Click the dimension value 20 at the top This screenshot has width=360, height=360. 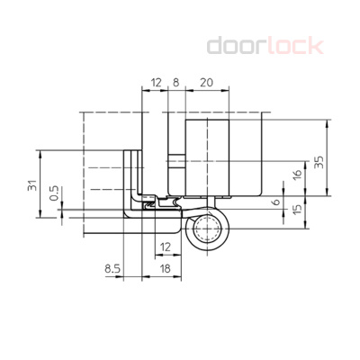205,82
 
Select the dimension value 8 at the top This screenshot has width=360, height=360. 175,82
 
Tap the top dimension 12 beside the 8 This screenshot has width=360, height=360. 155,82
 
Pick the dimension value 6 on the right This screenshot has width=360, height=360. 275,203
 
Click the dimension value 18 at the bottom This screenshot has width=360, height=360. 165,267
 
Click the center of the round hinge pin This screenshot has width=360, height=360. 211,233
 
